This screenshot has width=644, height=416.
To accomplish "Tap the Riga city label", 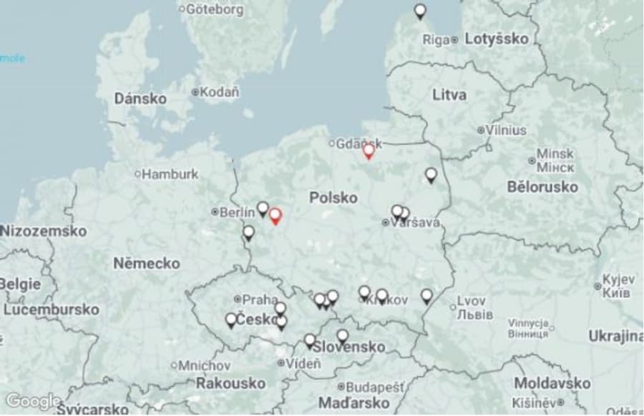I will click(436, 39).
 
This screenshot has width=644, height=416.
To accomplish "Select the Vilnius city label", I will click(506, 130).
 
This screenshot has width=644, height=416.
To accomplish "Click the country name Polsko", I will click(333, 197).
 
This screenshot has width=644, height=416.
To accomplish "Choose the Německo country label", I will click(147, 263).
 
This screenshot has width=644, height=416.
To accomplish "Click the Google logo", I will click(33, 402).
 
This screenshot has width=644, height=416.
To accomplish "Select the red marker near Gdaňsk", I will click(369, 152).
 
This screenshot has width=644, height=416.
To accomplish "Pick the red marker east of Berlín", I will click(275, 217).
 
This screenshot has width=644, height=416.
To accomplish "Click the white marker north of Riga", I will click(420, 11).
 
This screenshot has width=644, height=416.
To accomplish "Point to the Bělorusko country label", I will click(542, 187).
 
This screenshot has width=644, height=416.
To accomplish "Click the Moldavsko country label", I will click(552, 384).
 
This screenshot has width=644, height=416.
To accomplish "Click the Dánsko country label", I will click(140, 99).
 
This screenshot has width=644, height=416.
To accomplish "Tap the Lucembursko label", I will click(51, 309).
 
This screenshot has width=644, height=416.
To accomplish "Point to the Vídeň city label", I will click(303, 363).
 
